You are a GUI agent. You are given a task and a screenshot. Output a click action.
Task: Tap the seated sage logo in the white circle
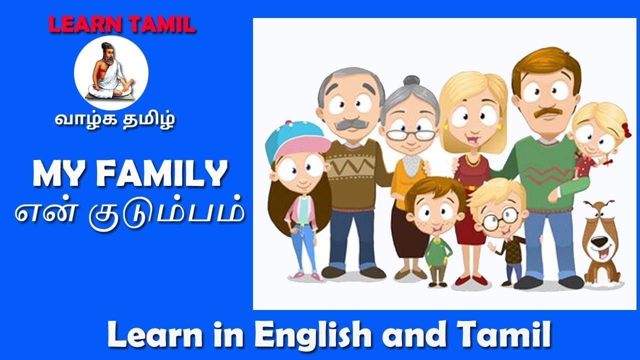coord(111,72)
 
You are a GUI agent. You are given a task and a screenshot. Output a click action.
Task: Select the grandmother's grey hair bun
coord(411,81)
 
